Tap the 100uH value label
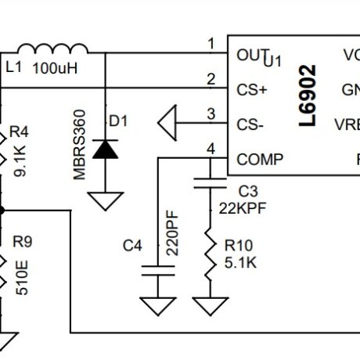(55, 68)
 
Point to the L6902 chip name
(308, 96)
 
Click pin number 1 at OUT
(210, 43)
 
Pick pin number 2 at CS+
(210, 78)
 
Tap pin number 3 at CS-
(210, 113)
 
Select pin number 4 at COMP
(210, 148)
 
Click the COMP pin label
(259, 159)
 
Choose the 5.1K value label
(239, 263)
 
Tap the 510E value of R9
(23, 276)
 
